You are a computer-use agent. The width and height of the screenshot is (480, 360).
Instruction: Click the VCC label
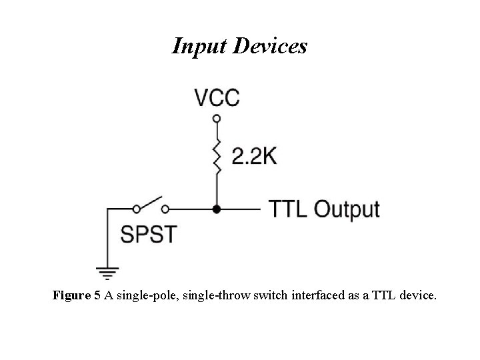217,98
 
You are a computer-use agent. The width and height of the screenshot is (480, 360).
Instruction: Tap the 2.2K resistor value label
254,156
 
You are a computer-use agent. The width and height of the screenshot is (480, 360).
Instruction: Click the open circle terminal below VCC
216,119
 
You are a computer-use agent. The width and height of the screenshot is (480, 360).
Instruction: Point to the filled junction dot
216,209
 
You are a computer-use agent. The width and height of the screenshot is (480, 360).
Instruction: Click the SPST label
148,234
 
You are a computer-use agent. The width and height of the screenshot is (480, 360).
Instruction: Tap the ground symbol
107,272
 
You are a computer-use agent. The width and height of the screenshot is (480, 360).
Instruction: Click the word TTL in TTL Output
289,209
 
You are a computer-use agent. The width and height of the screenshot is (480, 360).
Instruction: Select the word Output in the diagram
347,209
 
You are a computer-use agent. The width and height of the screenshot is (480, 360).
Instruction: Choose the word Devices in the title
269,46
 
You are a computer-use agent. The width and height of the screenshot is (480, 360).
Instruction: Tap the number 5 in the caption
97,295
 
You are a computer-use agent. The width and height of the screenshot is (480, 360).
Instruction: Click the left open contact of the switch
136,209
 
